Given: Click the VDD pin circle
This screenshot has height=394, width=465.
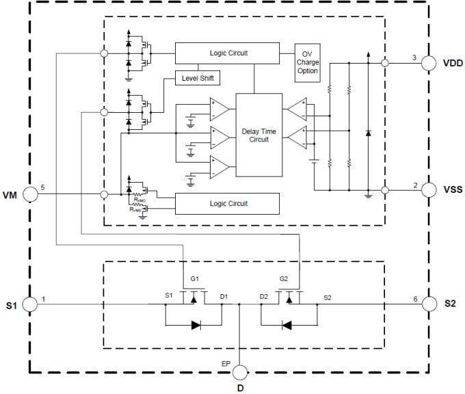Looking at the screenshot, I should (x=429, y=64).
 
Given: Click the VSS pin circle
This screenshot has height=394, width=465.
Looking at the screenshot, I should (x=429, y=188).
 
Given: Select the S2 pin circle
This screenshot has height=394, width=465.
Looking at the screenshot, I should (x=429, y=304).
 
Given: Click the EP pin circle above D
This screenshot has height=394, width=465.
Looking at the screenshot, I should (x=239, y=373).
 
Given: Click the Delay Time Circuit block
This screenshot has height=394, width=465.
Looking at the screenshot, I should (x=255, y=135).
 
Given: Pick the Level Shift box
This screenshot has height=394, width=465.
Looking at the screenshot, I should (x=198, y=77).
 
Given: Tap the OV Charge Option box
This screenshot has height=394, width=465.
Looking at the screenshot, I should (x=307, y=62).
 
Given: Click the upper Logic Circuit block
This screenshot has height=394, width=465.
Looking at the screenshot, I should (x=227, y=52).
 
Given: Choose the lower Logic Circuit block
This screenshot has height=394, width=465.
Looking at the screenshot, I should (x=227, y=203).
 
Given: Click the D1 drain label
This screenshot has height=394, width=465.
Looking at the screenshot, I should (x=224, y=296).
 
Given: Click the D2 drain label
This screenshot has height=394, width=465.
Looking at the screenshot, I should (x=263, y=296).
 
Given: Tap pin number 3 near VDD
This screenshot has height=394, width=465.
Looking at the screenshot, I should (x=414, y=57).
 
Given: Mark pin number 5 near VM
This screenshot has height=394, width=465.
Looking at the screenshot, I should (x=42, y=187).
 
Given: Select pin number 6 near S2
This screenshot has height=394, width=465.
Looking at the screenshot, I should (x=414, y=298).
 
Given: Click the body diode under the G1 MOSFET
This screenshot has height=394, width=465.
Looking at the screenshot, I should (x=196, y=325).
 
